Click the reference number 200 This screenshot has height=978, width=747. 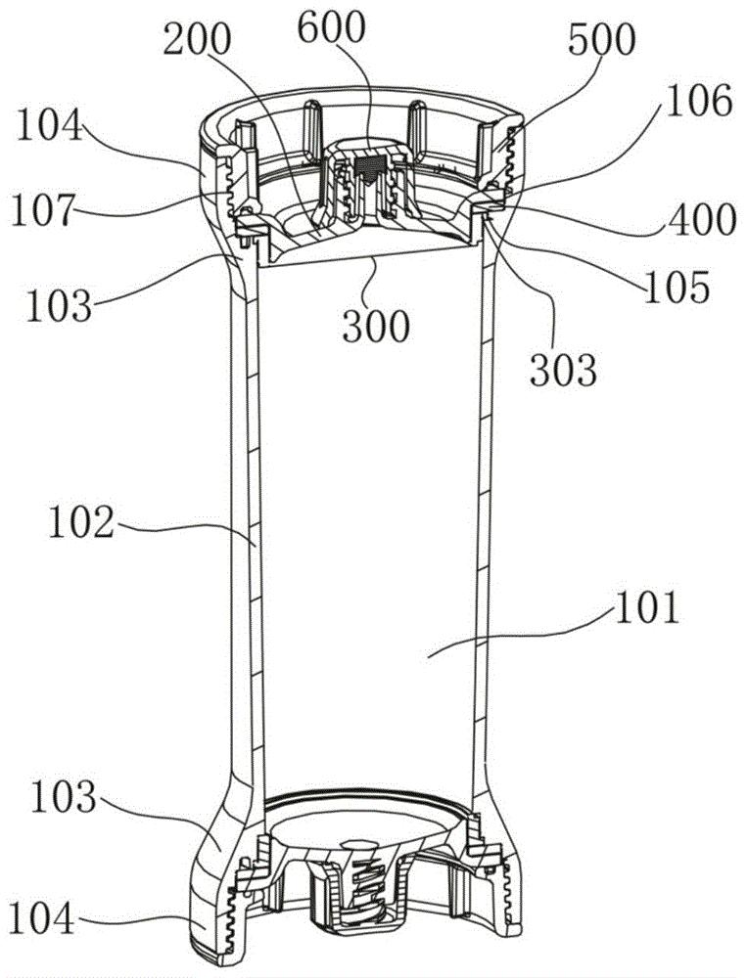(x=197, y=40)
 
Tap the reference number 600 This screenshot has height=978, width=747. (x=331, y=28)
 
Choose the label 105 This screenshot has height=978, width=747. (x=677, y=287)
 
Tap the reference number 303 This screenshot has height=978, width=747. (x=563, y=370)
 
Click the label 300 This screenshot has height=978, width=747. (x=376, y=326)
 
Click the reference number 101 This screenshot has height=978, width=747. (x=646, y=608)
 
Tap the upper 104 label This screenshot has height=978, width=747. (x=49, y=125)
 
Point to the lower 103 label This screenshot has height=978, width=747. (x=63, y=798)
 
